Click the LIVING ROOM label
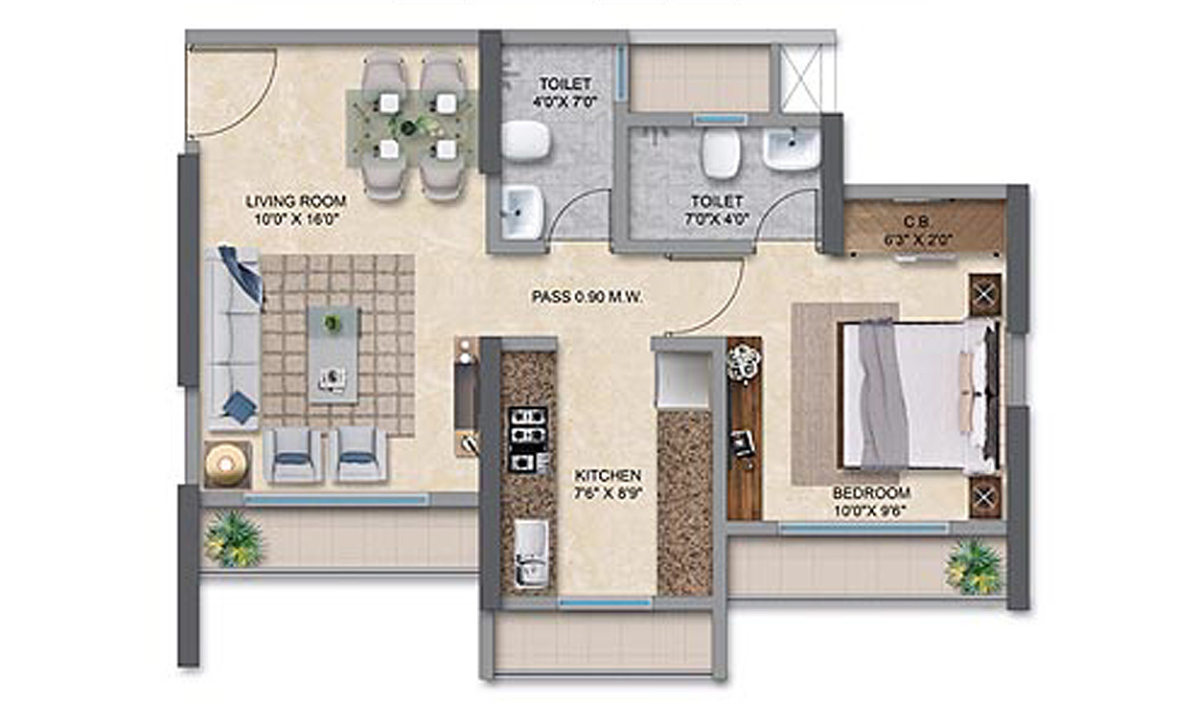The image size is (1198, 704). (295, 201)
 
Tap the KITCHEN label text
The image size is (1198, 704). (608, 475)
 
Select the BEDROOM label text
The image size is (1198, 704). (870, 493)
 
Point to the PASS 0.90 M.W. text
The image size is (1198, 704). (587, 298)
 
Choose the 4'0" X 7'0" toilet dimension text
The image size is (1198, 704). (565, 101)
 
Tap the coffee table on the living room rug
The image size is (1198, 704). (334, 353)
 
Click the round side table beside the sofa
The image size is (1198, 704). (226, 465)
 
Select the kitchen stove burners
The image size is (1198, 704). (526, 439)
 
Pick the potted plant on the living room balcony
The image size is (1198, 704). (233, 538)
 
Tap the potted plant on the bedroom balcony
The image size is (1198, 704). (973, 567)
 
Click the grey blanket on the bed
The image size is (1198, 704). (882, 393)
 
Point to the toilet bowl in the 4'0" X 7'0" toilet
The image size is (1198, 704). (526, 141)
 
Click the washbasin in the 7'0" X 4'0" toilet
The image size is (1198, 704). (792, 150)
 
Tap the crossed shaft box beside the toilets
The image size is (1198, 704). (800, 78)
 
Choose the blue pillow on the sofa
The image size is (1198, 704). (241, 273)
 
